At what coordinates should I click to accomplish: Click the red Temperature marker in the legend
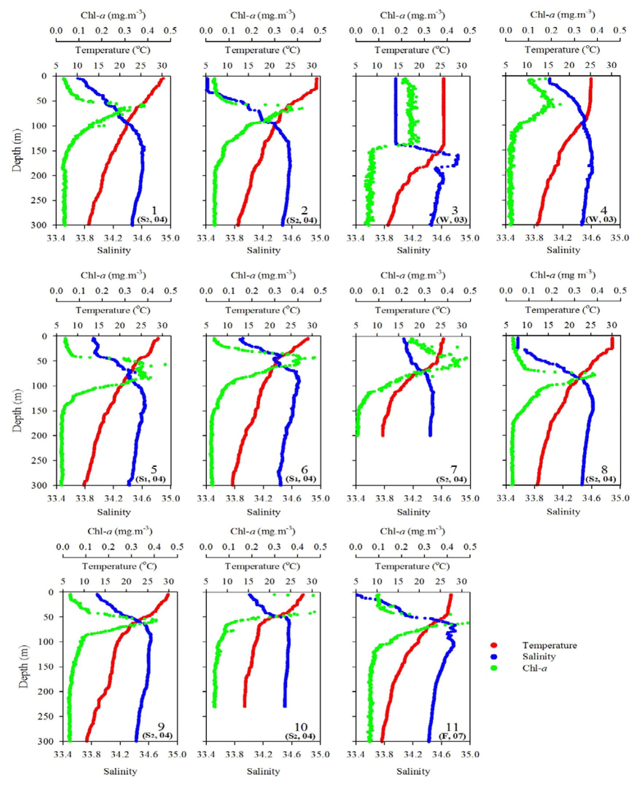(x=494, y=645)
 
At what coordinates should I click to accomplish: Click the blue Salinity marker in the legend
(x=494, y=656)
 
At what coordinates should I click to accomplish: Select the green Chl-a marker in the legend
(x=494, y=668)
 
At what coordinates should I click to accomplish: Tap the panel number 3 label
(x=455, y=211)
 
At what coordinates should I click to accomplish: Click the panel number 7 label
(x=454, y=470)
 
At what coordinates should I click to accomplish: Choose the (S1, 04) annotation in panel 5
(x=151, y=479)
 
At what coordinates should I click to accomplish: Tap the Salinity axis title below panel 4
(x=563, y=250)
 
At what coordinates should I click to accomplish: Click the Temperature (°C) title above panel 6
(x=263, y=311)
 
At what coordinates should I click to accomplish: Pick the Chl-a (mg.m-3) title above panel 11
(x=413, y=531)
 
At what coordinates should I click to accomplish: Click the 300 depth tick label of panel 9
(x=47, y=741)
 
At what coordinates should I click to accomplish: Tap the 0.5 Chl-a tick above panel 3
(x=470, y=30)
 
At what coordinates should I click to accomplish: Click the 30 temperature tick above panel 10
(x=312, y=581)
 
